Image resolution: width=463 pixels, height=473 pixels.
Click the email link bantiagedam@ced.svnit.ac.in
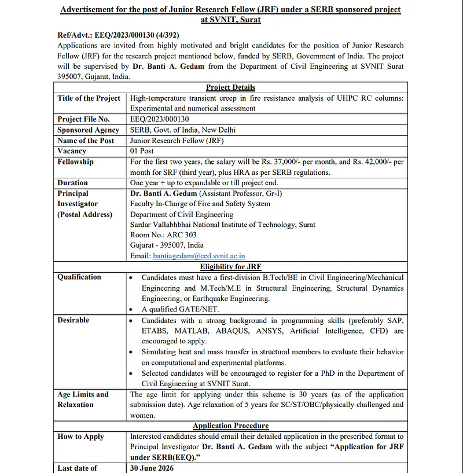(199, 255)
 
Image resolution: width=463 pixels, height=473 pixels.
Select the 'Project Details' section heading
(230, 87)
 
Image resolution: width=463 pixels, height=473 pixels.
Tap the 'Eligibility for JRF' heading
(230, 266)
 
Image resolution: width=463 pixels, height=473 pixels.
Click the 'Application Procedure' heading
(230, 426)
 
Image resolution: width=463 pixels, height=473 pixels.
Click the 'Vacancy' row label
(72, 151)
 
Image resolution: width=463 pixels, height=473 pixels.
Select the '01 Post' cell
(142, 151)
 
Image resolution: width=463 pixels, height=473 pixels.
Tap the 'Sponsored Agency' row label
(88, 130)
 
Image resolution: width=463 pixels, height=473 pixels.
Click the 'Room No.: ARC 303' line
(163, 234)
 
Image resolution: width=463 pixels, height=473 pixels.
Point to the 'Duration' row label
(73, 182)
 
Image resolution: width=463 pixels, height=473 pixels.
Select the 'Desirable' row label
(74, 320)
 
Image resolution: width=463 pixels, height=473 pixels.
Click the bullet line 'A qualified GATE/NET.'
(179, 309)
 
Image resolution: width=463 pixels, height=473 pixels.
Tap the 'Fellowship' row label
(75, 162)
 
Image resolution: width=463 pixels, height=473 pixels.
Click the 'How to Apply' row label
(80, 436)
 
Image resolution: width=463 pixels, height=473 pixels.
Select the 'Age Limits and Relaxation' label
(83, 399)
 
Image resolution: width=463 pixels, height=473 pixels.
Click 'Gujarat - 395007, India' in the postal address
(167, 245)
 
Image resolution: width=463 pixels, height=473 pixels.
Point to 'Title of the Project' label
(89, 98)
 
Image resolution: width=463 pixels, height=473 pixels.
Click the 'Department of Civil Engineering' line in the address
(182, 214)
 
